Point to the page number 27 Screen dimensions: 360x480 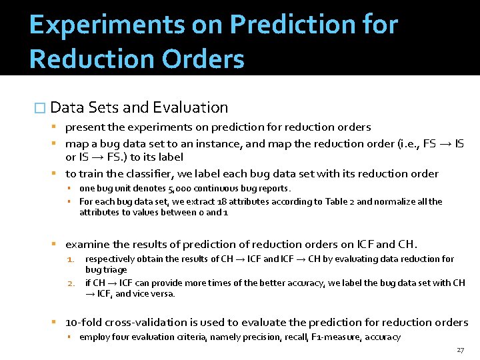(460, 350)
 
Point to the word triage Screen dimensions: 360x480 (115, 269)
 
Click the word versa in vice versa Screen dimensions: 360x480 (161, 293)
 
